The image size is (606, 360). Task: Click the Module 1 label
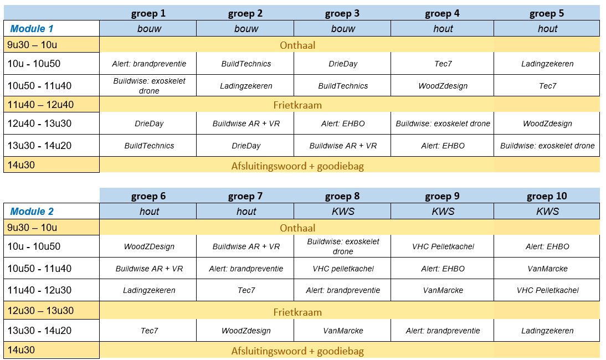click(x=32, y=29)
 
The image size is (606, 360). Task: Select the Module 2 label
click(x=32, y=211)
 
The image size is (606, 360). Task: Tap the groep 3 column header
click(x=342, y=13)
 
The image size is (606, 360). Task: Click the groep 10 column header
click(x=547, y=196)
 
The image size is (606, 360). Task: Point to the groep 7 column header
click(x=245, y=196)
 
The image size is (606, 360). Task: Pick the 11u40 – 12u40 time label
click(x=40, y=104)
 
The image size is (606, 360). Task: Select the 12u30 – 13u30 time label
click(x=40, y=311)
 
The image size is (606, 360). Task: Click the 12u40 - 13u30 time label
click(x=39, y=124)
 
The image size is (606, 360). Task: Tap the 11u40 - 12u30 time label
click(x=39, y=290)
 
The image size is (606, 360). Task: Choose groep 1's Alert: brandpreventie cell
click(x=149, y=64)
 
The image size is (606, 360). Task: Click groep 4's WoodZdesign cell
click(x=443, y=86)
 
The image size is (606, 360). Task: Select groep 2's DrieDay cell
click(x=246, y=146)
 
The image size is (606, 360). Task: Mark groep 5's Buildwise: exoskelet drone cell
click(x=547, y=146)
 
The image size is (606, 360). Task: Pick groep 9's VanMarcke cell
click(x=443, y=290)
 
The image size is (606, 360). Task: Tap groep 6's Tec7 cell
click(x=149, y=331)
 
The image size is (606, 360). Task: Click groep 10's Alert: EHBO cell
click(x=547, y=246)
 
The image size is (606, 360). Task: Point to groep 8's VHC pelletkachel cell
click(x=343, y=269)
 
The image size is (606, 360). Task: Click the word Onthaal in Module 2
click(x=297, y=228)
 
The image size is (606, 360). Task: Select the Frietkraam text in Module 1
click(x=297, y=105)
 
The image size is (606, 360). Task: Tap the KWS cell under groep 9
click(x=443, y=211)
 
